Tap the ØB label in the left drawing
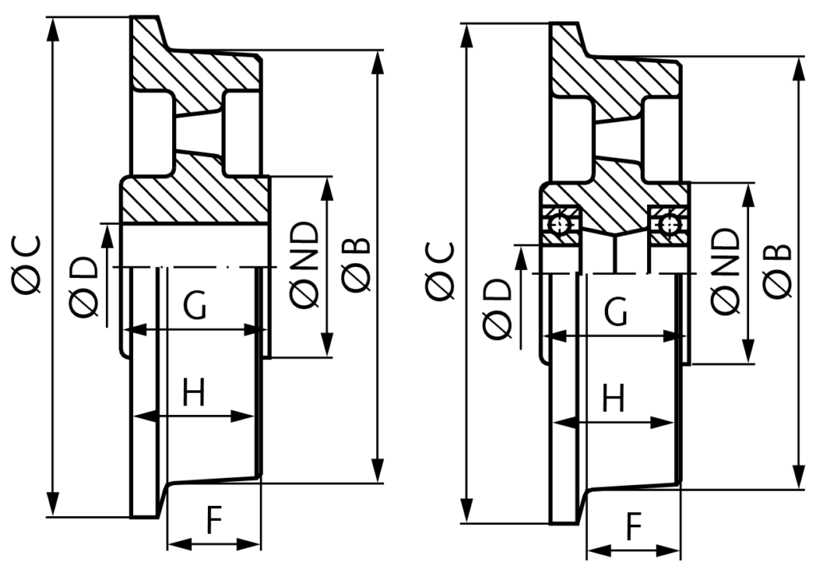(x=356, y=264)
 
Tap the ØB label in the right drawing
(x=778, y=271)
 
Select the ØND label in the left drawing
(x=304, y=265)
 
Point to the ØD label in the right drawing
(x=499, y=309)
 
